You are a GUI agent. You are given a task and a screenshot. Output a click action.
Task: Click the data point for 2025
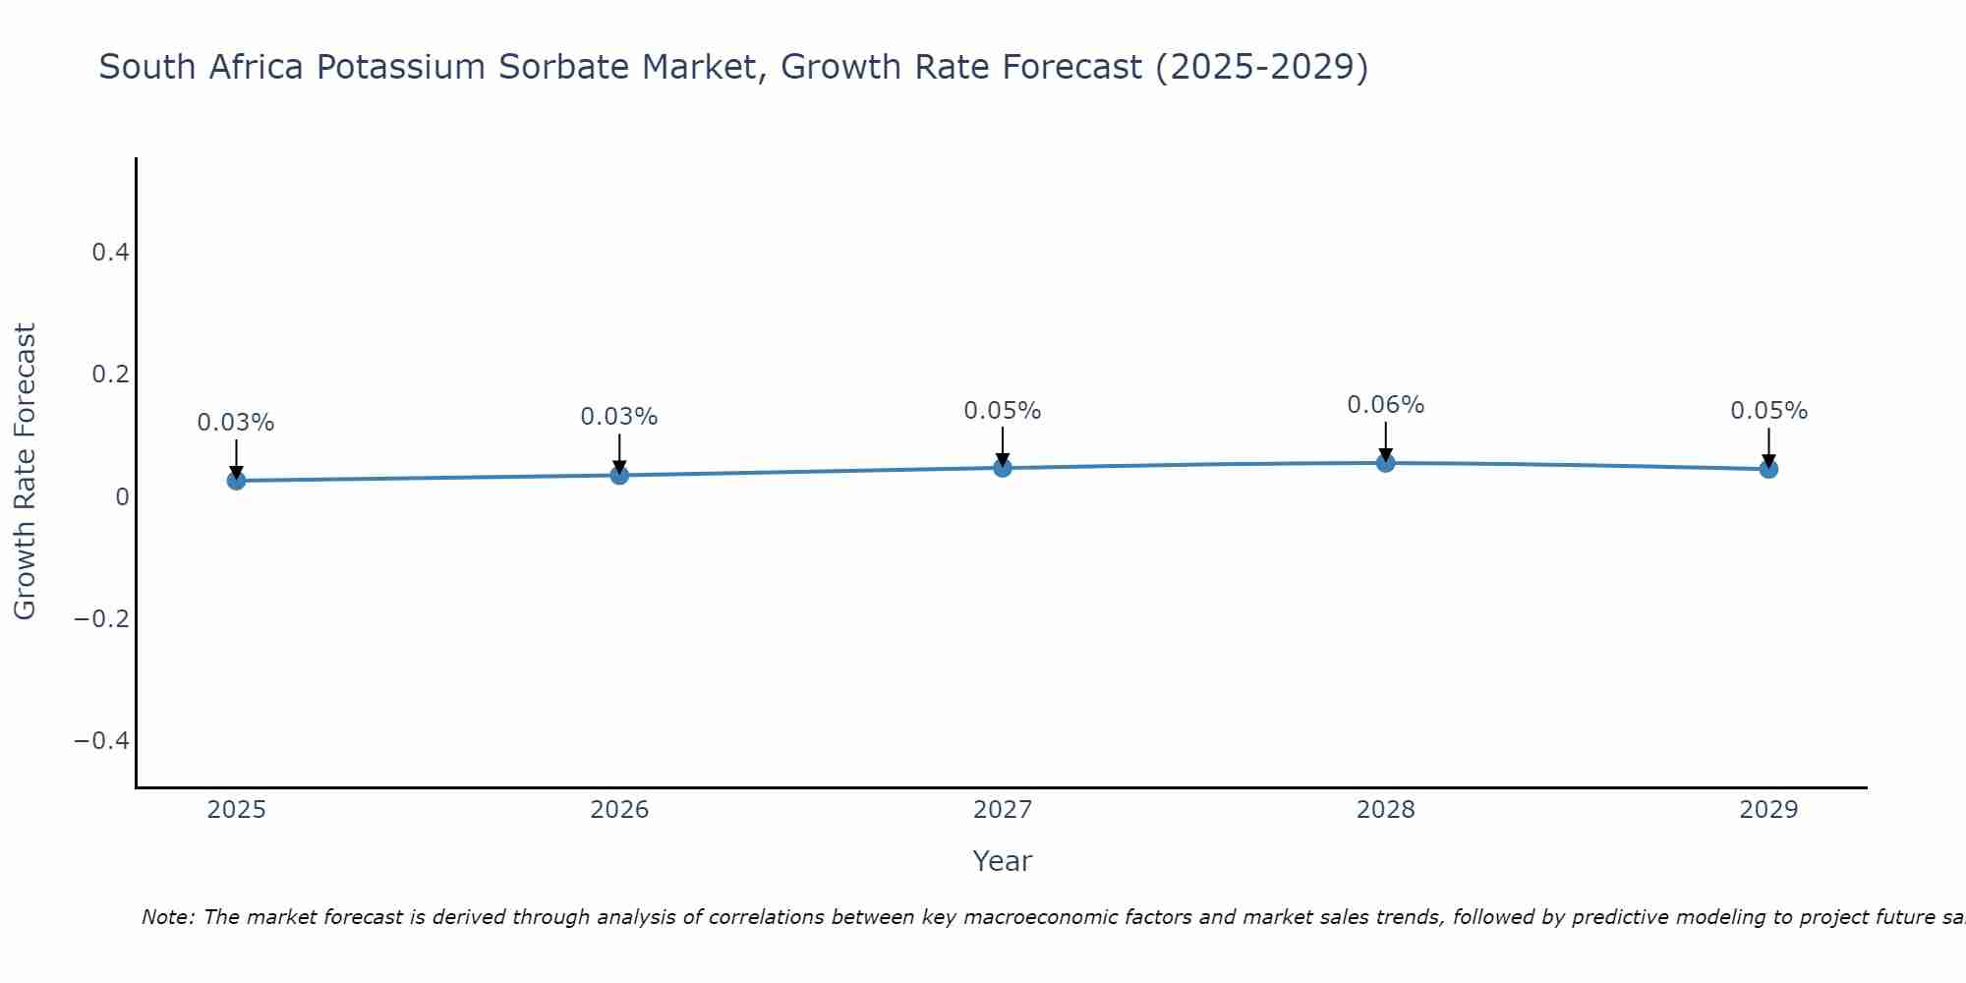tap(236, 480)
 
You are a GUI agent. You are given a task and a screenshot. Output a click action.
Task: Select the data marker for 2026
tap(619, 475)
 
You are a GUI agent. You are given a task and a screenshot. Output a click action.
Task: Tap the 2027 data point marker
tap(1003, 468)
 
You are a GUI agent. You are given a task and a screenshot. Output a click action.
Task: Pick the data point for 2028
tap(1385, 462)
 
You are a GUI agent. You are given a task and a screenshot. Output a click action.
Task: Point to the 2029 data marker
tap(1768, 469)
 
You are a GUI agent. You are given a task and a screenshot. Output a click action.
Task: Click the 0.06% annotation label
tap(1385, 405)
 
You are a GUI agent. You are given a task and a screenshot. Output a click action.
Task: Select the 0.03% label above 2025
tap(236, 423)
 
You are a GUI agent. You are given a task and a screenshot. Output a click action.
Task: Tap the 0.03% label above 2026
tap(619, 417)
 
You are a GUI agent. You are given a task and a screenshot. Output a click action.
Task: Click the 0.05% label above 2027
tap(1003, 411)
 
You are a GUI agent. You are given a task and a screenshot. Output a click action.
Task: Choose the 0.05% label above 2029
tap(1768, 411)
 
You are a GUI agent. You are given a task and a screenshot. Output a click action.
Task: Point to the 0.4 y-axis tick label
tap(110, 253)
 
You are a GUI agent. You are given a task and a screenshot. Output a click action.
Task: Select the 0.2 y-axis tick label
tap(110, 375)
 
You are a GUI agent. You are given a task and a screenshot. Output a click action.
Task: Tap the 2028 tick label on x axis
tap(1385, 810)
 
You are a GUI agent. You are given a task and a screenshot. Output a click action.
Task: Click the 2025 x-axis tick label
tap(236, 810)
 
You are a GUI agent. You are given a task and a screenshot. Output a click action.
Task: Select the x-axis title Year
tap(1002, 861)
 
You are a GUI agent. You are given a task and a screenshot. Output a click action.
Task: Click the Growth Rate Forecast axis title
tap(25, 472)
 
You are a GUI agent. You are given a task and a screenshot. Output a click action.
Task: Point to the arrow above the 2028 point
tap(1385, 440)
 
